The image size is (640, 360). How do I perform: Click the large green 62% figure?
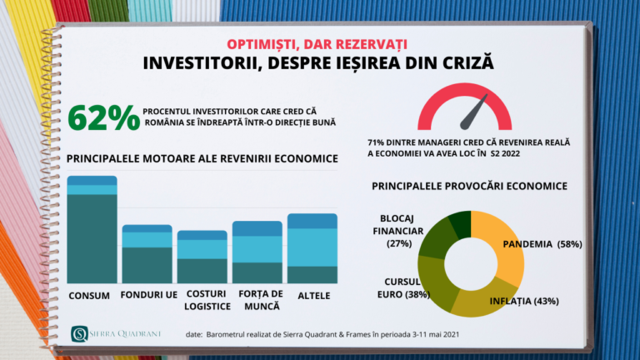pos(104,117)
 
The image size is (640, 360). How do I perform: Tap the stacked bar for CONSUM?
pos(92,230)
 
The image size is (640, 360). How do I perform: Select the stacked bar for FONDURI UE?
pos(147,254)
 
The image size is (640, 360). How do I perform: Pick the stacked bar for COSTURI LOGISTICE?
pos(202,257)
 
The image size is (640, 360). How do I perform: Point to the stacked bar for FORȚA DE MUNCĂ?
pos(257,252)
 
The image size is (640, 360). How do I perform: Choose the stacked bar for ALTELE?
pos(312,248)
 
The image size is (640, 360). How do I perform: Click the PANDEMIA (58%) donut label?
pos(542,244)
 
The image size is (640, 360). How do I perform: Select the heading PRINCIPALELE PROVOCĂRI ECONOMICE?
pos(470,185)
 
